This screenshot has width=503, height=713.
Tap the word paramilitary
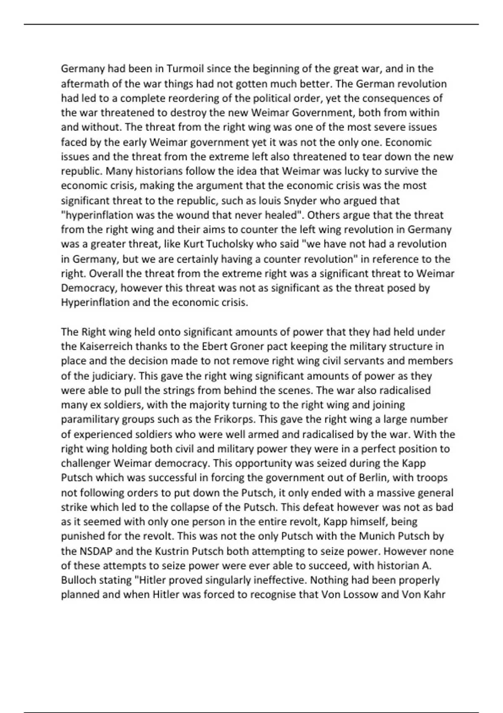point(90,419)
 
